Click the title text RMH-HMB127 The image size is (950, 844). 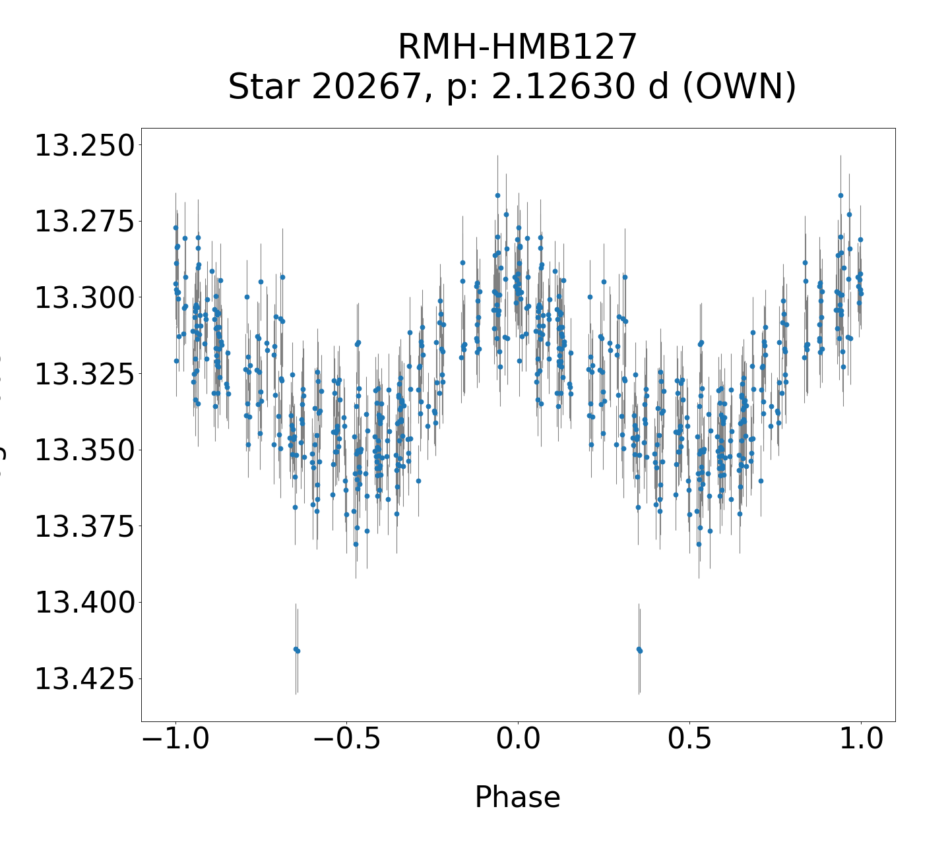pos(517,47)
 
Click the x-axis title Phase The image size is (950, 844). pos(517,797)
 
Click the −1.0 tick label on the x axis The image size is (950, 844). pos(175,740)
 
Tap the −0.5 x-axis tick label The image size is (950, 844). pos(346,740)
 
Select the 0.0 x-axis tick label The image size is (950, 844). pos(518,740)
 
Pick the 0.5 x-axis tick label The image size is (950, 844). pos(689,740)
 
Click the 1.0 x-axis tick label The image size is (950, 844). pos(860,740)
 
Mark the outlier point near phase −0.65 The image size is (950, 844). pos(296,649)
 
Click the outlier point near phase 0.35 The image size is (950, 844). pos(639,649)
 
